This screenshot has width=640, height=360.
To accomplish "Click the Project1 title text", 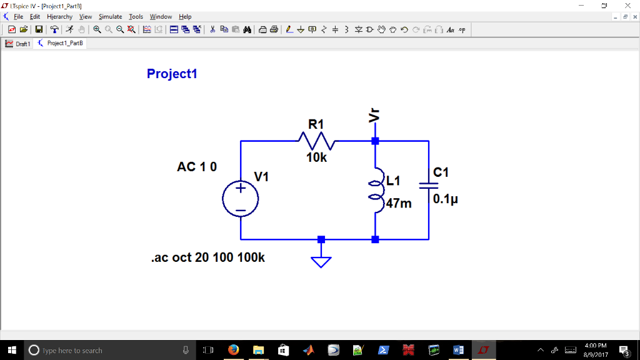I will point(172,74).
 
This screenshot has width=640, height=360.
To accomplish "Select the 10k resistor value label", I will point(316,158).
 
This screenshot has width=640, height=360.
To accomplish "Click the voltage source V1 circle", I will point(240,199).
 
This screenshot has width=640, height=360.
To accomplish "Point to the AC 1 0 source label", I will point(197,167).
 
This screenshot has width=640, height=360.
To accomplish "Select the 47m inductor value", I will point(399,203).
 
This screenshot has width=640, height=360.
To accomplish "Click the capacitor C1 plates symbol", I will point(429,185).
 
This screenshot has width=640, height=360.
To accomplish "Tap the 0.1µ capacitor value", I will point(446,200).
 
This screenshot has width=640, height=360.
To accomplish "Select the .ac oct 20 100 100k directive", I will point(207,257).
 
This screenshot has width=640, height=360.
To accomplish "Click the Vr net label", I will point(374,116).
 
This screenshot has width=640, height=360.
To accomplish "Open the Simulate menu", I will point(110,17).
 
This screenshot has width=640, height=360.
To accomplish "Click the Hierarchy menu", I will point(59,17).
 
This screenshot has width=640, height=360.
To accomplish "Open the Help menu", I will point(185,17).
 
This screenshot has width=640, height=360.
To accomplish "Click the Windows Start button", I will point(12,350).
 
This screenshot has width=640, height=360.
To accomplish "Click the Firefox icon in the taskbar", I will point(234,350).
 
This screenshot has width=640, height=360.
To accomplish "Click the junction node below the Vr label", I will point(375,141).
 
